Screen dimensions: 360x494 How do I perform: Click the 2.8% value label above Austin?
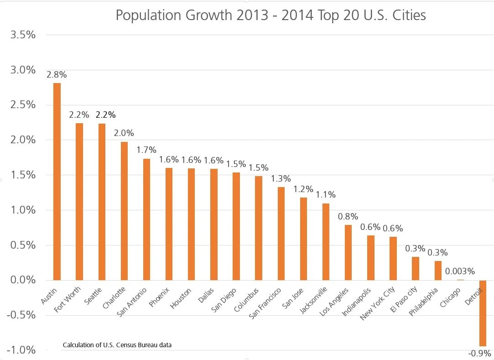pyautogui.click(x=57, y=74)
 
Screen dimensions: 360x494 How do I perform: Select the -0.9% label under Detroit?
pyautogui.click(x=479, y=353)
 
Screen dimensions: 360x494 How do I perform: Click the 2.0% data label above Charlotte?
pyautogui.click(x=124, y=133)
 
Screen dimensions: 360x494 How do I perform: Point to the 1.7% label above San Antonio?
pyautogui.click(x=146, y=150)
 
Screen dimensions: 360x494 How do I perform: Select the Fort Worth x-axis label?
pyautogui.click(x=68, y=297)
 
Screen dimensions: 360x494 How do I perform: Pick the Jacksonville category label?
pyautogui.click(x=313, y=301)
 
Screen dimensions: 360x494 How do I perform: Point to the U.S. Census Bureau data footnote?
pyautogui.click(x=117, y=344)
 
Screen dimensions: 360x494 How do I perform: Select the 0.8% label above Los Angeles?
pyautogui.click(x=348, y=216)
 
